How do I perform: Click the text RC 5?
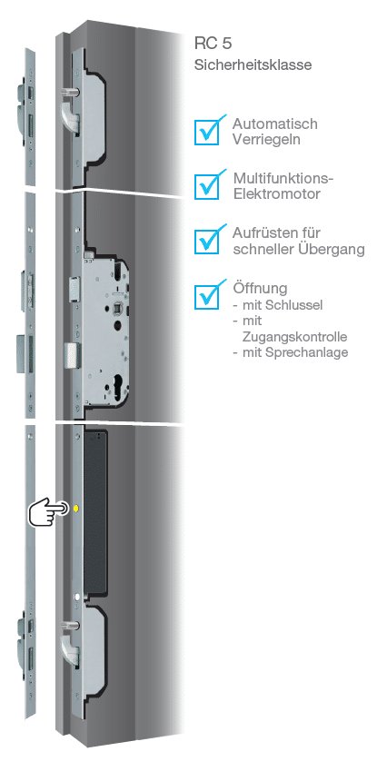coord(213,44)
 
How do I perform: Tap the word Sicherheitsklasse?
coord(253,65)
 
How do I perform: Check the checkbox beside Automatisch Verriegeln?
coord(207,132)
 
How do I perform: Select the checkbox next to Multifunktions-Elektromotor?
coord(207,186)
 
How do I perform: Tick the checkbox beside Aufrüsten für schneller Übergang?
coord(207,241)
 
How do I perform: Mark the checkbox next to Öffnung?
coord(207,296)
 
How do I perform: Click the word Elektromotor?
coord(276,193)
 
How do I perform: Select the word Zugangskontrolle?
coord(294,337)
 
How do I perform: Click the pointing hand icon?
coord(48,511)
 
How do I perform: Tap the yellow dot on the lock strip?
coord(76,509)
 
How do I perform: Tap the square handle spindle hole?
coord(119,309)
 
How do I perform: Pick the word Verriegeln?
coord(266,140)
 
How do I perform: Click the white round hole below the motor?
coord(77,597)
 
